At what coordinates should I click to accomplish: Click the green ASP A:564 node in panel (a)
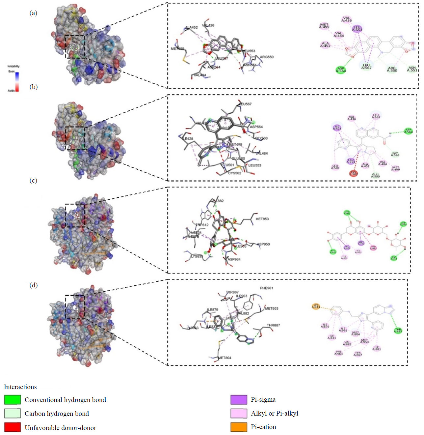click(341, 70)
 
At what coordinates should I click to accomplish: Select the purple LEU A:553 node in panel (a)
click(357, 29)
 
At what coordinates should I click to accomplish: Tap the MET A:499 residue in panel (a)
click(324, 26)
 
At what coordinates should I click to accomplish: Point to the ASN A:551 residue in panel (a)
click(412, 69)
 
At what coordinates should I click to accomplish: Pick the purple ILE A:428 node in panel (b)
click(337, 127)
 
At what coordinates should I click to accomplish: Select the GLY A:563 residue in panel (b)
click(395, 154)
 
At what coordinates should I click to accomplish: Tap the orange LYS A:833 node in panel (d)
click(316, 306)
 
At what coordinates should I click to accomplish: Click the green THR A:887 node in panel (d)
click(398, 330)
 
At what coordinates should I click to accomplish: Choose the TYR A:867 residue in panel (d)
click(358, 354)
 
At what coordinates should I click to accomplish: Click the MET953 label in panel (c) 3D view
click(262, 219)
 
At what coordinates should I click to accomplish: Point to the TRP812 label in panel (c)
click(202, 225)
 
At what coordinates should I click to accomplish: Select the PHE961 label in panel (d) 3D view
click(266, 288)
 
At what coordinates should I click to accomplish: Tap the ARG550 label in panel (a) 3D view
click(266, 57)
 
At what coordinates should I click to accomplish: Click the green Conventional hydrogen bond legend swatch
click(13, 400)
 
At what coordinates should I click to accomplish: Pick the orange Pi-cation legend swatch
click(239, 427)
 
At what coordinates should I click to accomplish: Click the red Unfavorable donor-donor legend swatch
click(13, 427)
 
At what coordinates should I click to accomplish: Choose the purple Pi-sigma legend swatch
click(239, 400)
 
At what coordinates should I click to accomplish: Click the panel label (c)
click(33, 180)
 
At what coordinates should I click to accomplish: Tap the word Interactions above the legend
click(20, 387)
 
